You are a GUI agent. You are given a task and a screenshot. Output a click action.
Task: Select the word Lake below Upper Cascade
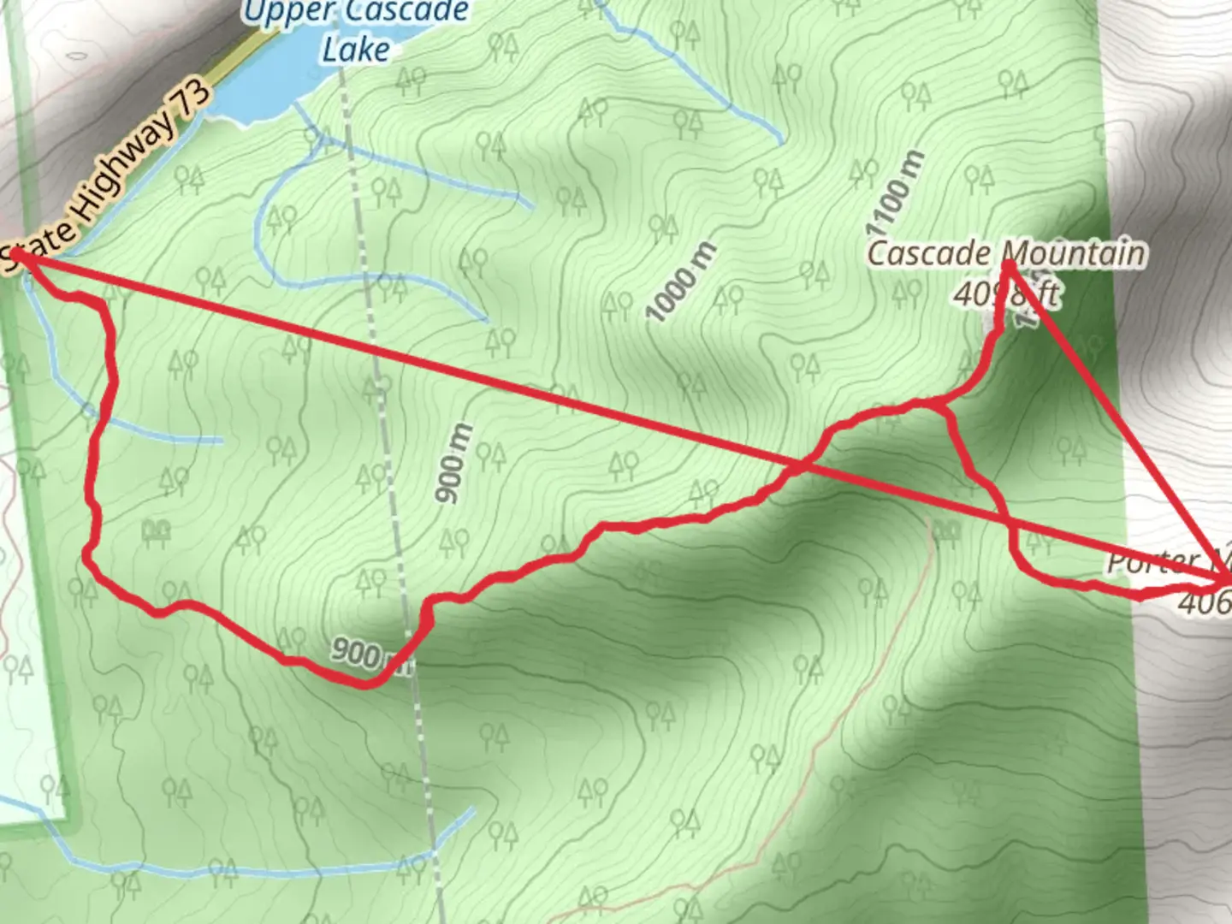click(356, 49)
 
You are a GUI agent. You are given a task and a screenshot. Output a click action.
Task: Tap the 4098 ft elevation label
click(1006, 294)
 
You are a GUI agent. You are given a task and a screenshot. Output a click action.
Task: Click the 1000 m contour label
click(682, 282)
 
